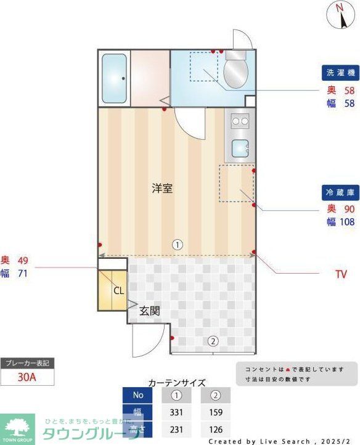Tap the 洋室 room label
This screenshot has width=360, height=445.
[162, 189]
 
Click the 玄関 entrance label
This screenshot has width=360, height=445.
[149, 311]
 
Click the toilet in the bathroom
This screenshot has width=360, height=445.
[235, 70]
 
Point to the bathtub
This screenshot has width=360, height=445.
[113, 78]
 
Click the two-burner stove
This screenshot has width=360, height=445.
[240, 121]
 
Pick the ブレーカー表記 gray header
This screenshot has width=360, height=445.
[27, 363]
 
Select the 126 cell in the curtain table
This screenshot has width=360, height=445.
[215, 430]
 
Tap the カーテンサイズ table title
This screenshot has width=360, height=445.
[177, 382]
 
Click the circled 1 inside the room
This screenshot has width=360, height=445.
[177, 244]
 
